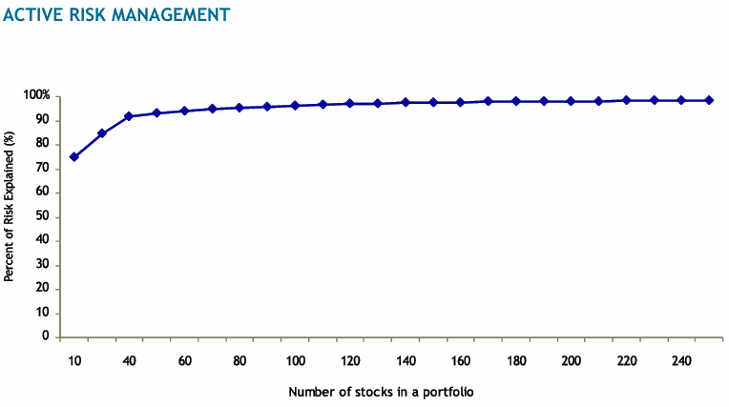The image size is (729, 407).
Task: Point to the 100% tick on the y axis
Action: pos(36,96)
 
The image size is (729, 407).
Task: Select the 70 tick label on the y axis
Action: pos(43,169)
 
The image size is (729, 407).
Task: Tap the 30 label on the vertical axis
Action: pos(43,265)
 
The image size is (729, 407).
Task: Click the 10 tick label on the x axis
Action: pos(73,360)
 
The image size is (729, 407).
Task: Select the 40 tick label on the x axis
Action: pos(129,360)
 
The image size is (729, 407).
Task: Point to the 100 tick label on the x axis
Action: pos(295,360)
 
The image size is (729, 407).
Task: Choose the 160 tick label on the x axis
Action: pos(461,360)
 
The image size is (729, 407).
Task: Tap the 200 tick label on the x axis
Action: pos(572,360)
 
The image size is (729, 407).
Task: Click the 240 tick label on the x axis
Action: pos(682,360)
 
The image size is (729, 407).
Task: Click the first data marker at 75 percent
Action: pos(73,156)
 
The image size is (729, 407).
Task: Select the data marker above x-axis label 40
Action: pos(129,116)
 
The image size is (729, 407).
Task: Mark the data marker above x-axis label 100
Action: pos(295,105)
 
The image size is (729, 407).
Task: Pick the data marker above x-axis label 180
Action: pos(516,101)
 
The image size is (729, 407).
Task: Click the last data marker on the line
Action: pos(710,100)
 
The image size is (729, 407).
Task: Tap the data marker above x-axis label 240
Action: pos(682,100)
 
